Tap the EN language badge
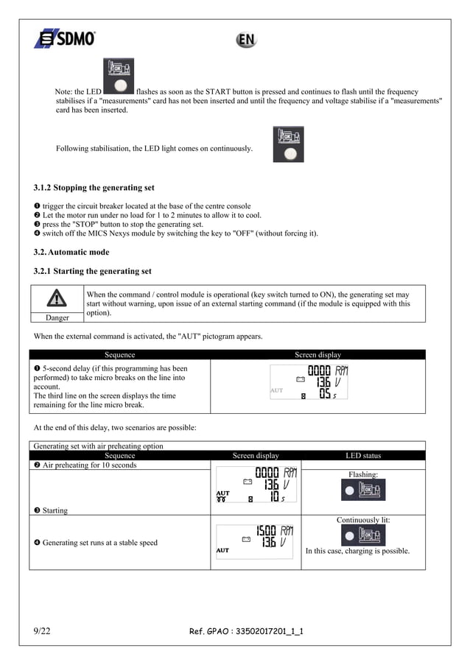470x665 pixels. click(x=245, y=41)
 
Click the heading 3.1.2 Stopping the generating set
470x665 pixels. click(x=94, y=188)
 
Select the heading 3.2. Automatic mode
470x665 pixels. click(x=72, y=252)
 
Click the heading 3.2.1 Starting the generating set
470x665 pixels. click(x=92, y=271)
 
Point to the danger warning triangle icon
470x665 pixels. click(x=56, y=298)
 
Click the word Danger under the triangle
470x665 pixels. click(x=56, y=317)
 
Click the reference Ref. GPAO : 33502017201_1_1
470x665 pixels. click(x=246, y=632)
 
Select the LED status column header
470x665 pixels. click(x=363, y=456)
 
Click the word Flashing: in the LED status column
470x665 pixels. click(x=363, y=475)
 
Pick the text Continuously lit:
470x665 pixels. click(x=363, y=520)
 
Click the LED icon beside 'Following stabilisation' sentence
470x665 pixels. click(x=288, y=144)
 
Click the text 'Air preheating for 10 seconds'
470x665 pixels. click(x=89, y=465)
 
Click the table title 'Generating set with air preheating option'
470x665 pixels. click(x=99, y=446)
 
